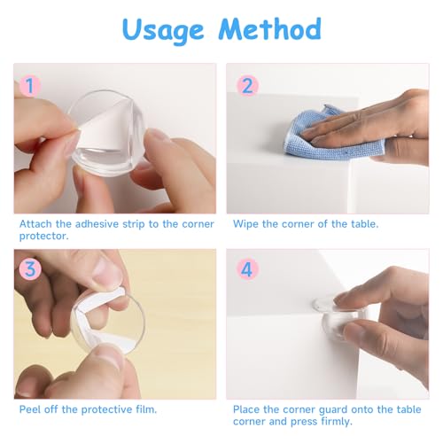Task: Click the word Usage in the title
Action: [x=163, y=30]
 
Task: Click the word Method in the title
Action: [x=269, y=28]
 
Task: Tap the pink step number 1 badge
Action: [x=30, y=85]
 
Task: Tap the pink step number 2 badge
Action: [x=247, y=86]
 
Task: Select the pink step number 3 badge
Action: [x=30, y=269]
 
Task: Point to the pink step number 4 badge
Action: [x=247, y=269]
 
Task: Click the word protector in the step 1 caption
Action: [x=43, y=237]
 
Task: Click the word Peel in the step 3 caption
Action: [x=29, y=409]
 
